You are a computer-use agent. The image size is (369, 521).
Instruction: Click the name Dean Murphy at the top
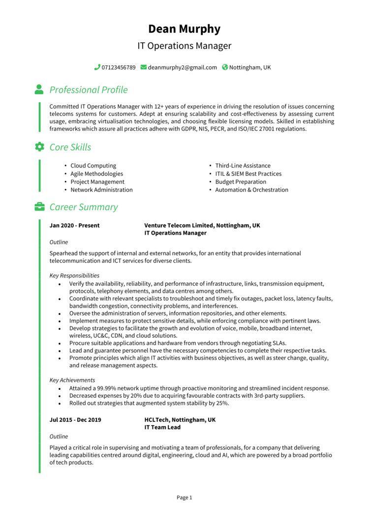184,28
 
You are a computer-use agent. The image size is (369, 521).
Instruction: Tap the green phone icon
97,67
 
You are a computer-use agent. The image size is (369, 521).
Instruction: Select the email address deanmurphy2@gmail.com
182,67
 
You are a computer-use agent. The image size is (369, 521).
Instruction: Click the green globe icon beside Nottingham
225,67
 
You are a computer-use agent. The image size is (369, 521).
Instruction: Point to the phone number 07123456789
119,67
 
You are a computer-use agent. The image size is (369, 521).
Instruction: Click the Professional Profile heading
89,90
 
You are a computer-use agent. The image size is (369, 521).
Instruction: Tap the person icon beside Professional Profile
39,89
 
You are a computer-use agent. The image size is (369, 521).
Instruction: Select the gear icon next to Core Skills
39,147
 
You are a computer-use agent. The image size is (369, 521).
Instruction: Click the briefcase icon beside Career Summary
39,207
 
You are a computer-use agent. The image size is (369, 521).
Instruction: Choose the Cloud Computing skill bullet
93,166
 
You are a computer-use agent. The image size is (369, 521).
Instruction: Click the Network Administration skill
101,190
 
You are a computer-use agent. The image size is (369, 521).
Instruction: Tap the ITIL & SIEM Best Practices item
248,174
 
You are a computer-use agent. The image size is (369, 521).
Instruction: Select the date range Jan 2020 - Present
74,225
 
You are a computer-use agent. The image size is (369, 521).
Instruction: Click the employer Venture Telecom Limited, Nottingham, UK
202,225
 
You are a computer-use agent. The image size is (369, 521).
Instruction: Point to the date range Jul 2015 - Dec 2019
75,420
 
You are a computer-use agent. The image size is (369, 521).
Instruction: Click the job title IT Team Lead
162,428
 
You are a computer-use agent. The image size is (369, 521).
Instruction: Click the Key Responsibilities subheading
74,275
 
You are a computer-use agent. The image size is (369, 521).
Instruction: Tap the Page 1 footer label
184,497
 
